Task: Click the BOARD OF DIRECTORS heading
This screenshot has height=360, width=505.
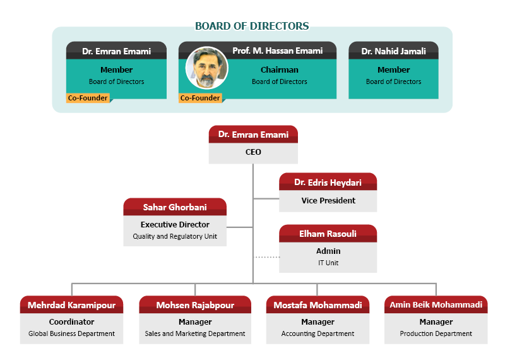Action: [x=252, y=27]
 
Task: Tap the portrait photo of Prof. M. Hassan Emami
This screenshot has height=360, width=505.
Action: [x=206, y=68]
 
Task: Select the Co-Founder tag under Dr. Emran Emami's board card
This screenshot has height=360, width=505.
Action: [x=88, y=98]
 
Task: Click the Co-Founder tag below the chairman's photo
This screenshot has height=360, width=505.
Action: [x=200, y=98]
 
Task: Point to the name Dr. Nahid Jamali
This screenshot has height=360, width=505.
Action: [x=393, y=51]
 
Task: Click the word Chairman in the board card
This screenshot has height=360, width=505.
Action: [x=279, y=70]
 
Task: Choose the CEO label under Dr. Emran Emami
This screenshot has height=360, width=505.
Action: [x=252, y=152]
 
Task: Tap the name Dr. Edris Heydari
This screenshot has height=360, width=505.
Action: [x=328, y=183]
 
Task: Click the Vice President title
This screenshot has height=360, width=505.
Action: [x=328, y=201]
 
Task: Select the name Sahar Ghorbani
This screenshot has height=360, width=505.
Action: [x=175, y=207]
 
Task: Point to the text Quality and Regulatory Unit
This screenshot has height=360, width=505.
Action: [x=175, y=237]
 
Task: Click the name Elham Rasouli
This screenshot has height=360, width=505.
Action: [x=328, y=234]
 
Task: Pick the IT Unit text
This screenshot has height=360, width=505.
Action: [x=328, y=263]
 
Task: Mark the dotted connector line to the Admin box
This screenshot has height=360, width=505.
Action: [x=266, y=258]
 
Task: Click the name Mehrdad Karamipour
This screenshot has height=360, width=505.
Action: [x=71, y=305]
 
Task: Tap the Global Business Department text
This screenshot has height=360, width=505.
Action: [x=71, y=333]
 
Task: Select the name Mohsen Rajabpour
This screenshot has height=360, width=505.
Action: [x=195, y=305]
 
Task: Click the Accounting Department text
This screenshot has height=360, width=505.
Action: [x=318, y=333]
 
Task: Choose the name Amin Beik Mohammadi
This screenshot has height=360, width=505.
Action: [x=436, y=305]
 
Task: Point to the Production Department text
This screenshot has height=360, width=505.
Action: [x=436, y=333]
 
